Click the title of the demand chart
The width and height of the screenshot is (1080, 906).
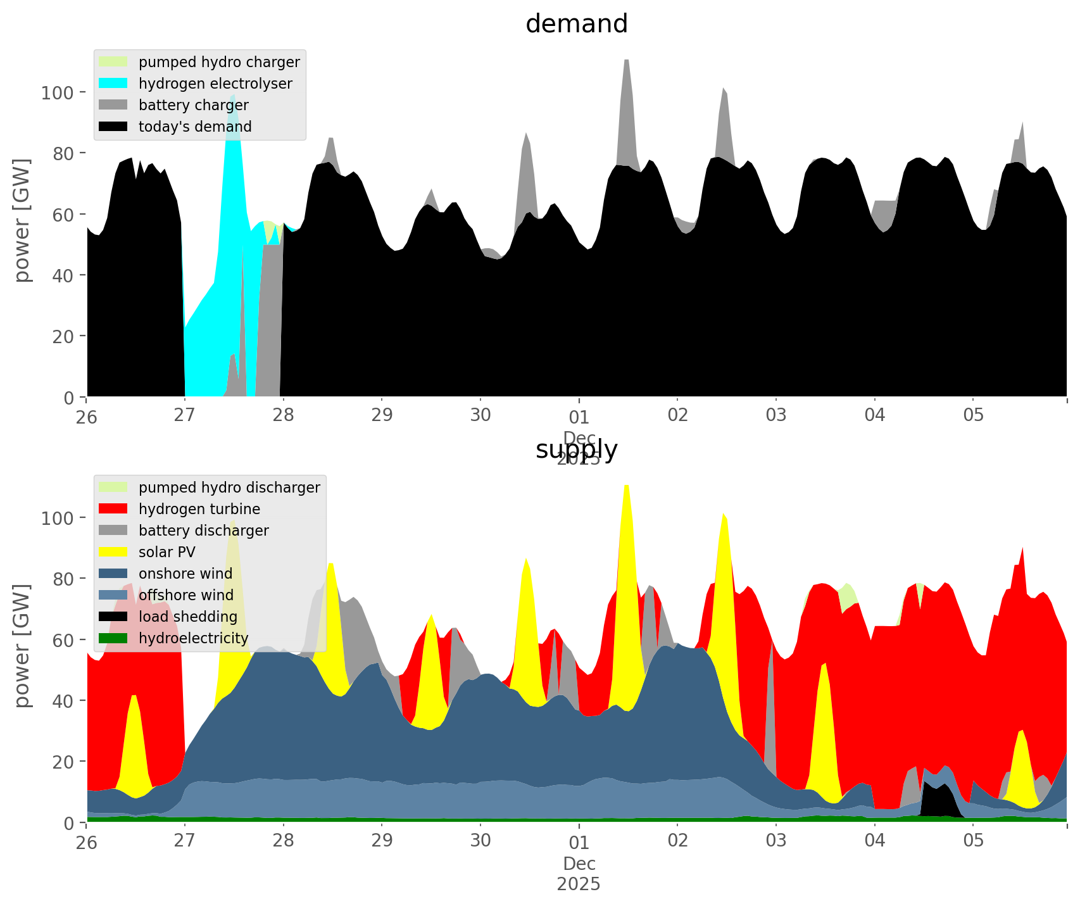(576, 24)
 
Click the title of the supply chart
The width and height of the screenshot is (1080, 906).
(576, 450)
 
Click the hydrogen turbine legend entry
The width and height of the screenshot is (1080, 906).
(199, 509)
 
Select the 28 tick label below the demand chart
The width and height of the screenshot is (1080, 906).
(283, 415)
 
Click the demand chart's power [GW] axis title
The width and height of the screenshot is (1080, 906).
(22, 220)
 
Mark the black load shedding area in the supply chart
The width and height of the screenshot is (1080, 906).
(940, 803)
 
